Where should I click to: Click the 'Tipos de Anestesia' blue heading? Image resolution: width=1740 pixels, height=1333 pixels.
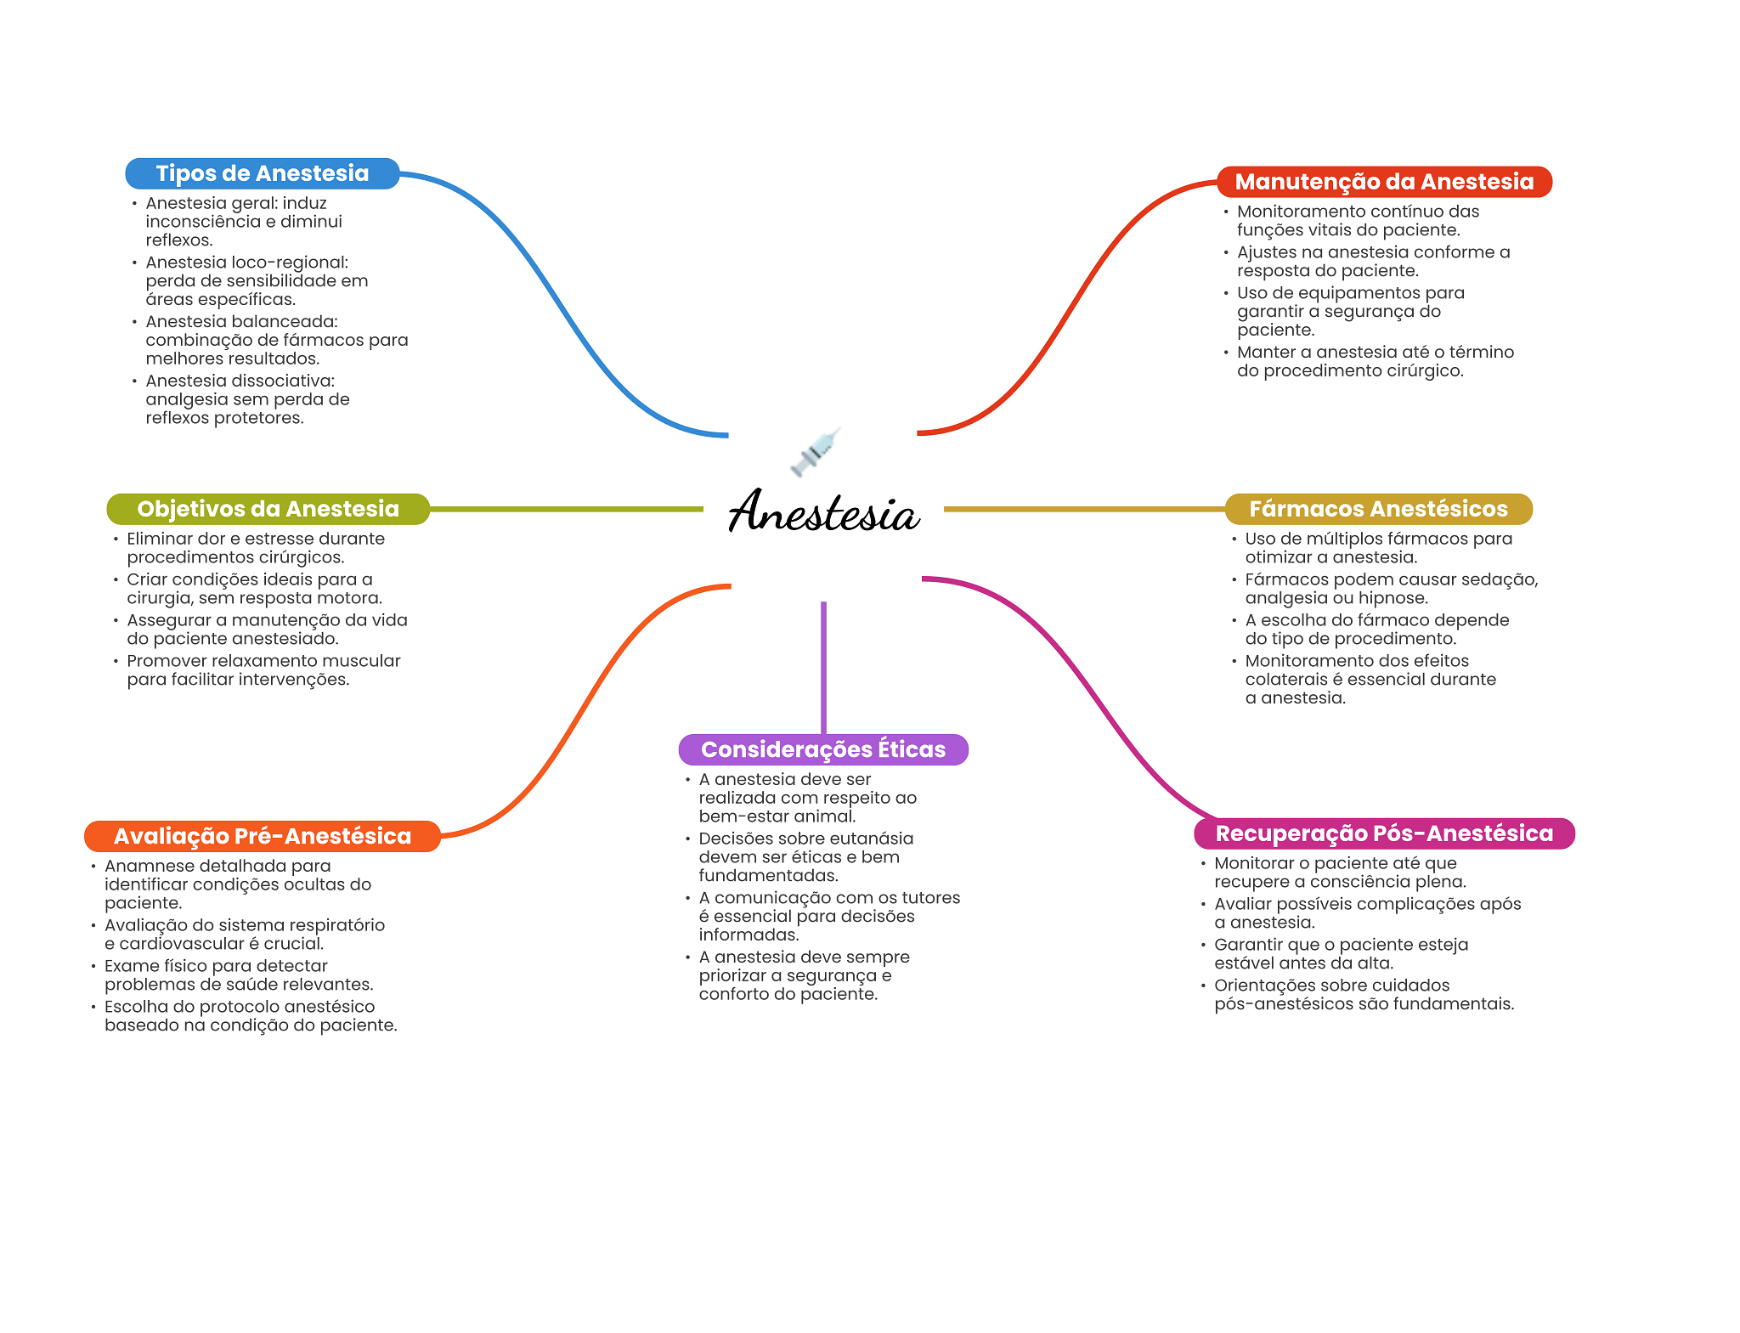point(262,173)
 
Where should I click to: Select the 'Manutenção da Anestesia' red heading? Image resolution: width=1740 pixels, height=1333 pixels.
point(1384,182)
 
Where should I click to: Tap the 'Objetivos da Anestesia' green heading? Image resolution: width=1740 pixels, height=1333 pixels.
point(268,509)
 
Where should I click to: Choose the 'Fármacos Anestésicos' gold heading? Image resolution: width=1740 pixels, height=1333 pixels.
point(1378,509)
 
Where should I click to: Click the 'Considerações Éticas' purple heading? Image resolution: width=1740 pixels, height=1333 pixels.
point(822,749)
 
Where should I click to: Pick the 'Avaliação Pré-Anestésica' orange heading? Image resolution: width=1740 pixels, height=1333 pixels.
point(262,836)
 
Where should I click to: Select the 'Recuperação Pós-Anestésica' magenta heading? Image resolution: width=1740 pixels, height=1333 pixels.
point(1384,833)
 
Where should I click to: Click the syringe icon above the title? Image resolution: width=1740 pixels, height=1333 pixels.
point(816,451)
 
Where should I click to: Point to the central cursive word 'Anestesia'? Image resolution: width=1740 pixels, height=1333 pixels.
point(823,512)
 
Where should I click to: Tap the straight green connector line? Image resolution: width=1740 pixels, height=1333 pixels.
point(566,509)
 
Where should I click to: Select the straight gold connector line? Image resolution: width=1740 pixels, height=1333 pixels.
point(1083,509)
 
